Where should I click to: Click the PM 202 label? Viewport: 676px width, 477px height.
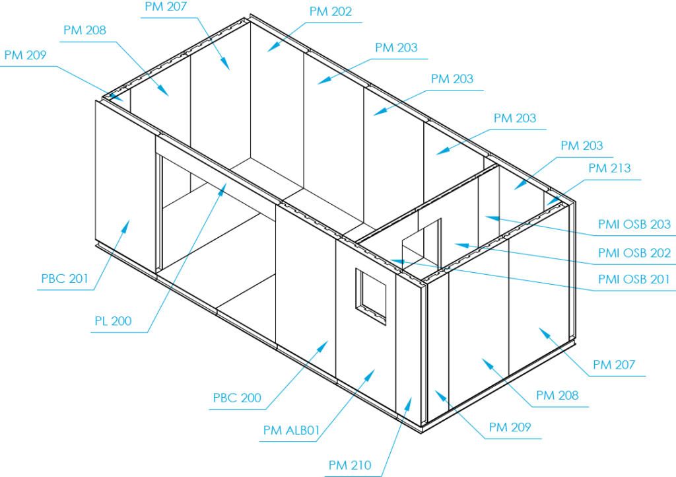[x=330, y=12]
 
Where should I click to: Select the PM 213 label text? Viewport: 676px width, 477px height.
[x=609, y=168]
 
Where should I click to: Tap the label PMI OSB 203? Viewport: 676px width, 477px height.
[x=634, y=225]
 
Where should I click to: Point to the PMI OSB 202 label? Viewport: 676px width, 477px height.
[x=634, y=253]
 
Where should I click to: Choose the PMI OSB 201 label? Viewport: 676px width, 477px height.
[x=634, y=280]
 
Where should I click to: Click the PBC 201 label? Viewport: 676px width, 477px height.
[x=64, y=279]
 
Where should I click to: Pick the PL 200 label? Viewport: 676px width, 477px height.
[x=112, y=322]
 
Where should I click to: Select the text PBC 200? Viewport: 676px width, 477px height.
[x=236, y=398]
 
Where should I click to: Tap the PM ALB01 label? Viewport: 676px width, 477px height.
[x=291, y=431]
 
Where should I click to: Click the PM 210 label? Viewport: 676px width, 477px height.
[x=350, y=465]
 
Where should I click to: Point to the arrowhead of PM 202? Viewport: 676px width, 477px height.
[x=268, y=51]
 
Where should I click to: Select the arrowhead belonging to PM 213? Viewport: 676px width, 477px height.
[x=548, y=204]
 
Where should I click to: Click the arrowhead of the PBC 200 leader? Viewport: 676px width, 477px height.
[x=327, y=343]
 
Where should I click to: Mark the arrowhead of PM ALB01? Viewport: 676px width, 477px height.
[x=374, y=370]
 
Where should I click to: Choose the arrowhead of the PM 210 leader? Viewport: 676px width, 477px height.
[x=411, y=398]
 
